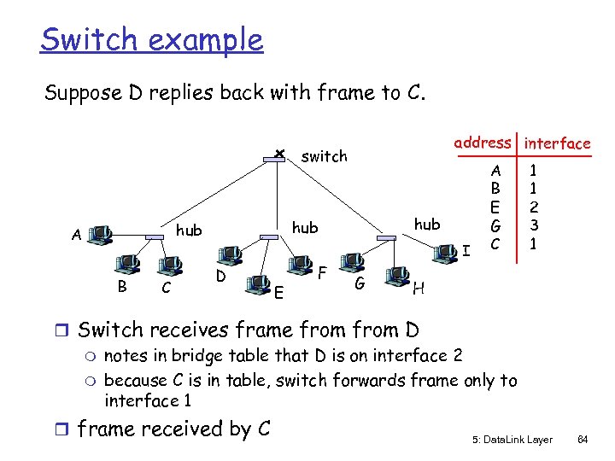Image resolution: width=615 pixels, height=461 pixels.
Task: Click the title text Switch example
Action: click(x=152, y=39)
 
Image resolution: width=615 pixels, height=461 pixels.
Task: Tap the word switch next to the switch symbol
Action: click(x=325, y=156)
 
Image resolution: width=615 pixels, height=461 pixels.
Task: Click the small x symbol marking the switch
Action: click(x=278, y=154)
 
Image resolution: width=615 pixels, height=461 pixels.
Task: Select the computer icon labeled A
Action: click(x=101, y=233)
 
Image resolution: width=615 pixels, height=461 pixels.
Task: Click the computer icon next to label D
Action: click(x=228, y=254)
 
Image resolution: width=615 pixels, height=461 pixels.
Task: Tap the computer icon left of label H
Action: click(x=395, y=275)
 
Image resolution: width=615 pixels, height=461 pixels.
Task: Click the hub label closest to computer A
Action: click(x=189, y=230)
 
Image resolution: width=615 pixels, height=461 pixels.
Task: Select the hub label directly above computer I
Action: click(x=426, y=224)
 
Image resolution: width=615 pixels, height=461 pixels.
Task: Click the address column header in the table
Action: click(x=483, y=143)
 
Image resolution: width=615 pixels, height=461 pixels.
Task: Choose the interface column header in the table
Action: click(x=557, y=143)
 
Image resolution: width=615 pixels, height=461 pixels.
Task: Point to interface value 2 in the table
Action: click(x=531, y=207)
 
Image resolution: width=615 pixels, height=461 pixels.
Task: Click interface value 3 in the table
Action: click(x=531, y=225)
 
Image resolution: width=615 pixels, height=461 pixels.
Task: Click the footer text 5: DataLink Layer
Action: click(x=511, y=439)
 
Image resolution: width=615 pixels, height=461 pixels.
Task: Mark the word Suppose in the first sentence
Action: click(x=83, y=92)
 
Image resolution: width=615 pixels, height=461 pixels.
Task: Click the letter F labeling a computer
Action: click(x=322, y=274)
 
